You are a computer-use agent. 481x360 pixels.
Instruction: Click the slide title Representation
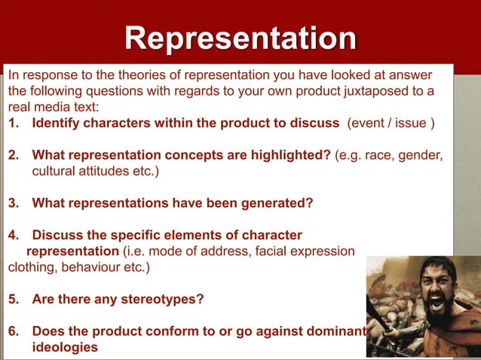click(x=240, y=38)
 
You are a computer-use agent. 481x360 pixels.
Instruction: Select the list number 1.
click(x=13, y=123)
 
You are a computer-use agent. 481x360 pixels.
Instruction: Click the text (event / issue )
click(x=391, y=123)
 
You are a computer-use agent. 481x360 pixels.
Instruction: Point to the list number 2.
click(x=13, y=155)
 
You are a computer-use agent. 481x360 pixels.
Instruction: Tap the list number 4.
click(x=13, y=234)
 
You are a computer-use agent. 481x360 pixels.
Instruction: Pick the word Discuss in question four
click(x=58, y=234)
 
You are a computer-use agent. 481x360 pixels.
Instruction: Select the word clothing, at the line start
click(x=32, y=266)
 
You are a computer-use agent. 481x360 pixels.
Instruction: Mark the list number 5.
click(x=13, y=298)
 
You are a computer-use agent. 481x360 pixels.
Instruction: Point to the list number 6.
click(x=13, y=331)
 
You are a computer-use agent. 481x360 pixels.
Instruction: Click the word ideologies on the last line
click(x=65, y=347)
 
